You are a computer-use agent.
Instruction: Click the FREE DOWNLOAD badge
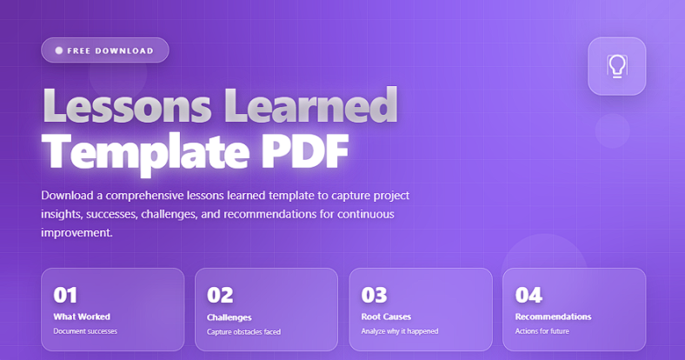click(x=104, y=50)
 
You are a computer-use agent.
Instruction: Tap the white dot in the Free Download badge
click(x=59, y=50)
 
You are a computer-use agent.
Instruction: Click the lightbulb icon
click(x=616, y=66)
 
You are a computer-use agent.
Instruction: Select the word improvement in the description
click(x=76, y=233)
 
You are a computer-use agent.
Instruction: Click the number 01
click(x=67, y=295)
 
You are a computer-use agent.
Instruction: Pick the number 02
click(x=221, y=295)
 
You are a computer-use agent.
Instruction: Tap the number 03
click(x=375, y=295)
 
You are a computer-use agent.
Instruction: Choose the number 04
click(x=529, y=295)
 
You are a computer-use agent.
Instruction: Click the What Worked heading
click(x=82, y=317)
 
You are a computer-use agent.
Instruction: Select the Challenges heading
click(x=229, y=317)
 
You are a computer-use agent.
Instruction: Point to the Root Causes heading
click(x=386, y=317)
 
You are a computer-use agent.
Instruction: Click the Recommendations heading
click(x=553, y=317)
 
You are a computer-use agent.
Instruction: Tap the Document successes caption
click(x=85, y=331)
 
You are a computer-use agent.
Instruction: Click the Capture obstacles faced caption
click(x=244, y=331)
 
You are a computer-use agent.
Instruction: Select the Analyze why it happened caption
click(x=399, y=331)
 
